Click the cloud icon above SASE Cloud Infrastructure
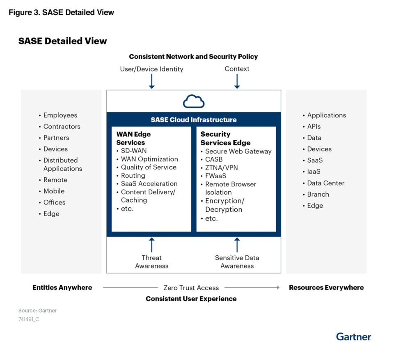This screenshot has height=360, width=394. [194, 101]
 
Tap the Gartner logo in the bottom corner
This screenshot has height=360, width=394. [353, 337]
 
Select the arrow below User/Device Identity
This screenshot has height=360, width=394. [151, 81]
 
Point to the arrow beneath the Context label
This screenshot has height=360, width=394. [237, 81]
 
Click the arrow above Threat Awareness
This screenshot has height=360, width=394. [151, 245]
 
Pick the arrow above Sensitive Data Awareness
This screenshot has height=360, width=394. [237, 245]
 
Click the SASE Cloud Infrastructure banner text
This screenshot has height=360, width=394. [194, 120]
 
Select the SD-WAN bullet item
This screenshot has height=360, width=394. [133, 151]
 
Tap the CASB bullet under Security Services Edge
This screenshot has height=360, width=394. [213, 159]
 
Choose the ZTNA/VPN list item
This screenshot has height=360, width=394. [221, 167]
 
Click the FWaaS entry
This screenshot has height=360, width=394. [215, 176]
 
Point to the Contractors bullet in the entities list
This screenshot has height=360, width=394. [62, 126]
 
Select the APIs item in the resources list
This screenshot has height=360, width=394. [314, 126]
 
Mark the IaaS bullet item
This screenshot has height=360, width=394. [314, 172]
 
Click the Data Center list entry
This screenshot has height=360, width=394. [325, 183]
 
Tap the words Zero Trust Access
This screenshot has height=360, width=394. [191, 288]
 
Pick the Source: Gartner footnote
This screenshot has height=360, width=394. [37, 311]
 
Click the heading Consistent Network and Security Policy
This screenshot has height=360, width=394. [193, 57]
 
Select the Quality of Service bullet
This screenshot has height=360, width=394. [148, 167]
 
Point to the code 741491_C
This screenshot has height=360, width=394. [29, 319]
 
